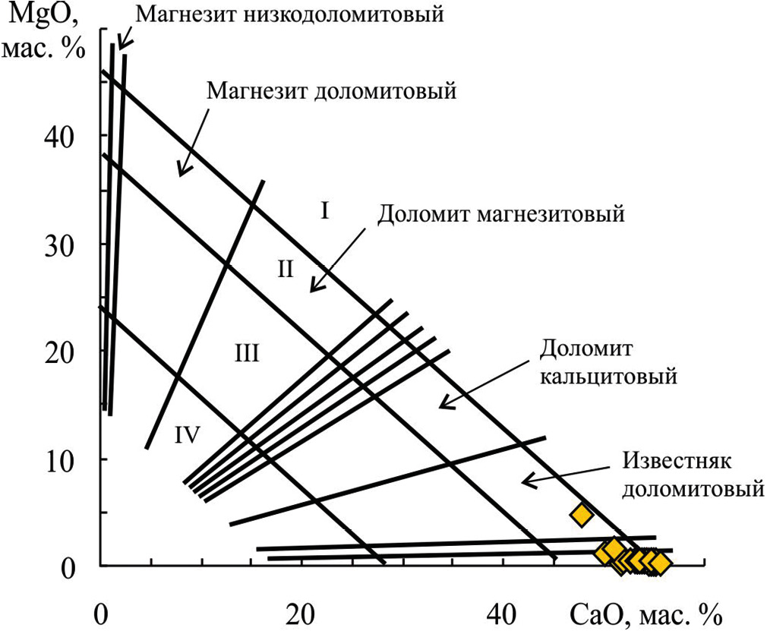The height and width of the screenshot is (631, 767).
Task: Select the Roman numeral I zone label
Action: [324, 210]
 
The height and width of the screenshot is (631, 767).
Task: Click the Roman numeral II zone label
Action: [285, 268]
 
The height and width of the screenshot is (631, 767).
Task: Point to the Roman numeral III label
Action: [245, 352]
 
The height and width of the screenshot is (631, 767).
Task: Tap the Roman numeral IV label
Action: [187, 434]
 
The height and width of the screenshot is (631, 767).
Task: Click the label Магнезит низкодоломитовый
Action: [290, 14]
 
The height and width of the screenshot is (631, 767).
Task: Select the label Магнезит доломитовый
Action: [332, 92]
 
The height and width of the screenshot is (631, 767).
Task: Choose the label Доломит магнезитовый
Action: [501, 213]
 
